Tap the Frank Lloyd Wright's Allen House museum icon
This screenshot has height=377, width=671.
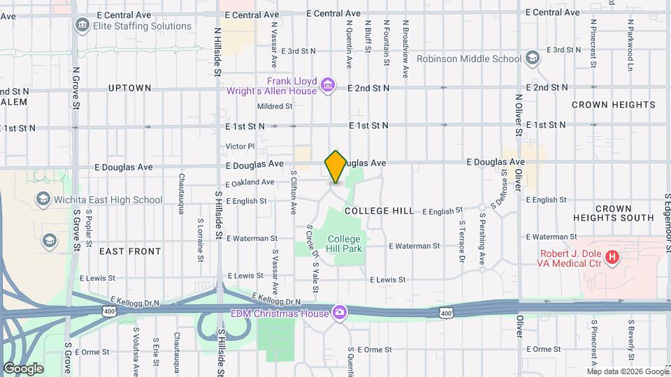click(327, 87)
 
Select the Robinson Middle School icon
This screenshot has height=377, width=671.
click(533, 58)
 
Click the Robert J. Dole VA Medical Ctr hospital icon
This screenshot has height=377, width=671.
click(612, 258)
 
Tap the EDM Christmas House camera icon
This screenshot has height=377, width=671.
click(340, 311)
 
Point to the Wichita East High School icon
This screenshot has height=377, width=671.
click(43, 200)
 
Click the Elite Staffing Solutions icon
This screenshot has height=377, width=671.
click(83, 26)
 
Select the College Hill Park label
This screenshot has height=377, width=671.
click(344, 244)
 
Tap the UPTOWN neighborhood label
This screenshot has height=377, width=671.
click(130, 88)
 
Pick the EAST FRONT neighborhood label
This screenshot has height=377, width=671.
click(130, 251)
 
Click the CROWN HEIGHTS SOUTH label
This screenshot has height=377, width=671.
click(623, 213)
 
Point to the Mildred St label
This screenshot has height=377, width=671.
click(275, 106)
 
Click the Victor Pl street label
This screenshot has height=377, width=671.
click(240, 147)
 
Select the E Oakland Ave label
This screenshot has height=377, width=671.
click(250, 182)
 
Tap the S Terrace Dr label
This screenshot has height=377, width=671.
click(462, 242)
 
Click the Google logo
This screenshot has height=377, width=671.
click(23, 368)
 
